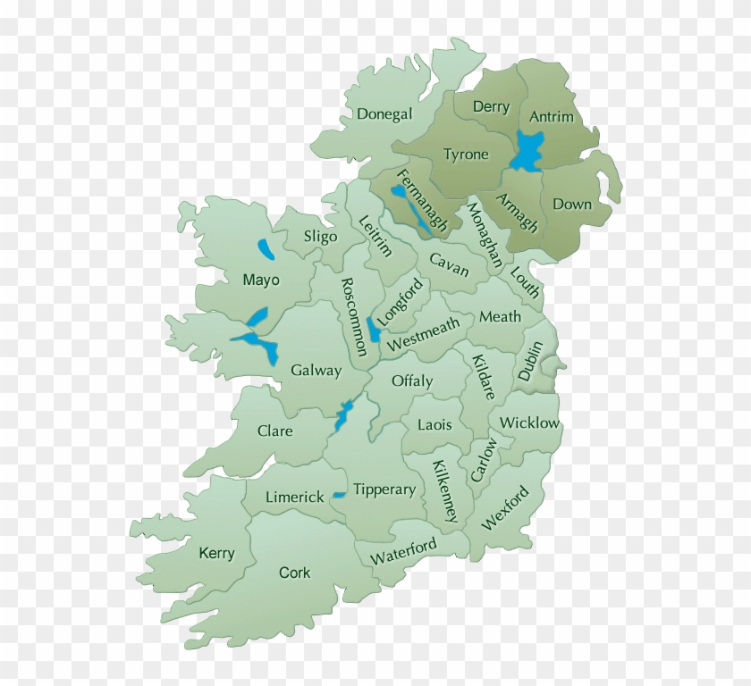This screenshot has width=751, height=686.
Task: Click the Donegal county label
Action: click(384, 114)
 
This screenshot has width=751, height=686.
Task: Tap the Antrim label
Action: click(552, 117)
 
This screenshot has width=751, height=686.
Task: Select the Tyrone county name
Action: click(466, 155)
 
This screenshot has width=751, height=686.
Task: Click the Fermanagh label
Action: click(421, 200)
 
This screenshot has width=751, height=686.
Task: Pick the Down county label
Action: click(571, 204)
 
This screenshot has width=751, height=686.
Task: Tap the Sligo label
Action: click(320, 237)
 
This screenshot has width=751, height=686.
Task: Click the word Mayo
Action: click(261, 280)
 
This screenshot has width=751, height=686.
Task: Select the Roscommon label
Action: click(354, 316)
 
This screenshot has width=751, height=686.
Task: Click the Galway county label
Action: click(316, 370)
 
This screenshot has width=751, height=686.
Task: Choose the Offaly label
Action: click(411, 381)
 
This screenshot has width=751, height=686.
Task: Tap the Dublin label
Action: click(530, 361)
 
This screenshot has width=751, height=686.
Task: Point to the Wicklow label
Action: click(529, 422)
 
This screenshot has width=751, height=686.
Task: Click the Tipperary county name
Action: click(384, 489)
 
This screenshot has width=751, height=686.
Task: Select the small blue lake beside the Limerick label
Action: click(339, 495)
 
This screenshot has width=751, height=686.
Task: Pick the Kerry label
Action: click(216, 553)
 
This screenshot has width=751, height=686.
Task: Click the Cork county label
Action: click(294, 573)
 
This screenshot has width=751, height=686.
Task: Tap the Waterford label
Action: click(404, 551)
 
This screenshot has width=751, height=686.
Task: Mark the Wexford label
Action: click(505, 508)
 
